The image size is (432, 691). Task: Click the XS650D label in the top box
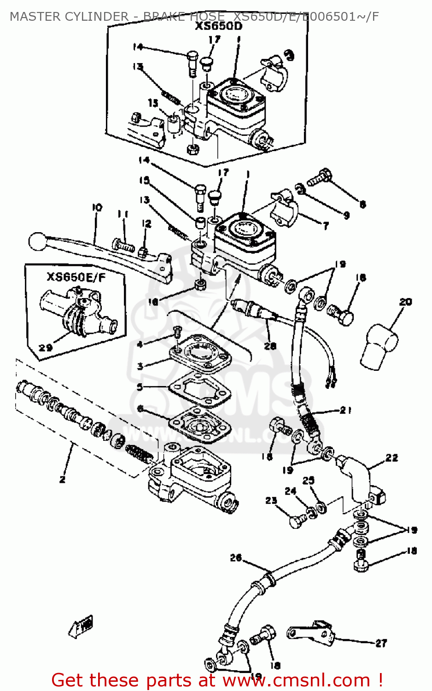(x=218, y=26)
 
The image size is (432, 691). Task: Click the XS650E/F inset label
(x=76, y=277)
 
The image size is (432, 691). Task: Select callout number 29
(x=45, y=348)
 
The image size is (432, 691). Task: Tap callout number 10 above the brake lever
(x=97, y=208)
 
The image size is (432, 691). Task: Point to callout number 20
(x=405, y=302)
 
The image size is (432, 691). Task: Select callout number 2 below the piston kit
(x=62, y=479)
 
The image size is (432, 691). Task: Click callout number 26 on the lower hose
(x=235, y=558)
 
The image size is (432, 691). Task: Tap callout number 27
(x=381, y=643)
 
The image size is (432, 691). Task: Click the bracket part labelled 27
(x=311, y=631)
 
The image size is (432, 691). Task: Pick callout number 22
(x=391, y=457)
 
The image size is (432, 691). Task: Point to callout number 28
(x=270, y=346)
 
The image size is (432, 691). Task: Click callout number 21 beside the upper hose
(x=345, y=410)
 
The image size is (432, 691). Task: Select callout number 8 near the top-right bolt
(x=362, y=204)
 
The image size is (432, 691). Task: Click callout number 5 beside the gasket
(x=140, y=387)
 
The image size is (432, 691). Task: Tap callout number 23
(x=271, y=501)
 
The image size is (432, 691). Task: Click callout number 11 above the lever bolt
(x=123, y=214)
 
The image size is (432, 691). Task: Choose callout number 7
(x=326, y=226)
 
